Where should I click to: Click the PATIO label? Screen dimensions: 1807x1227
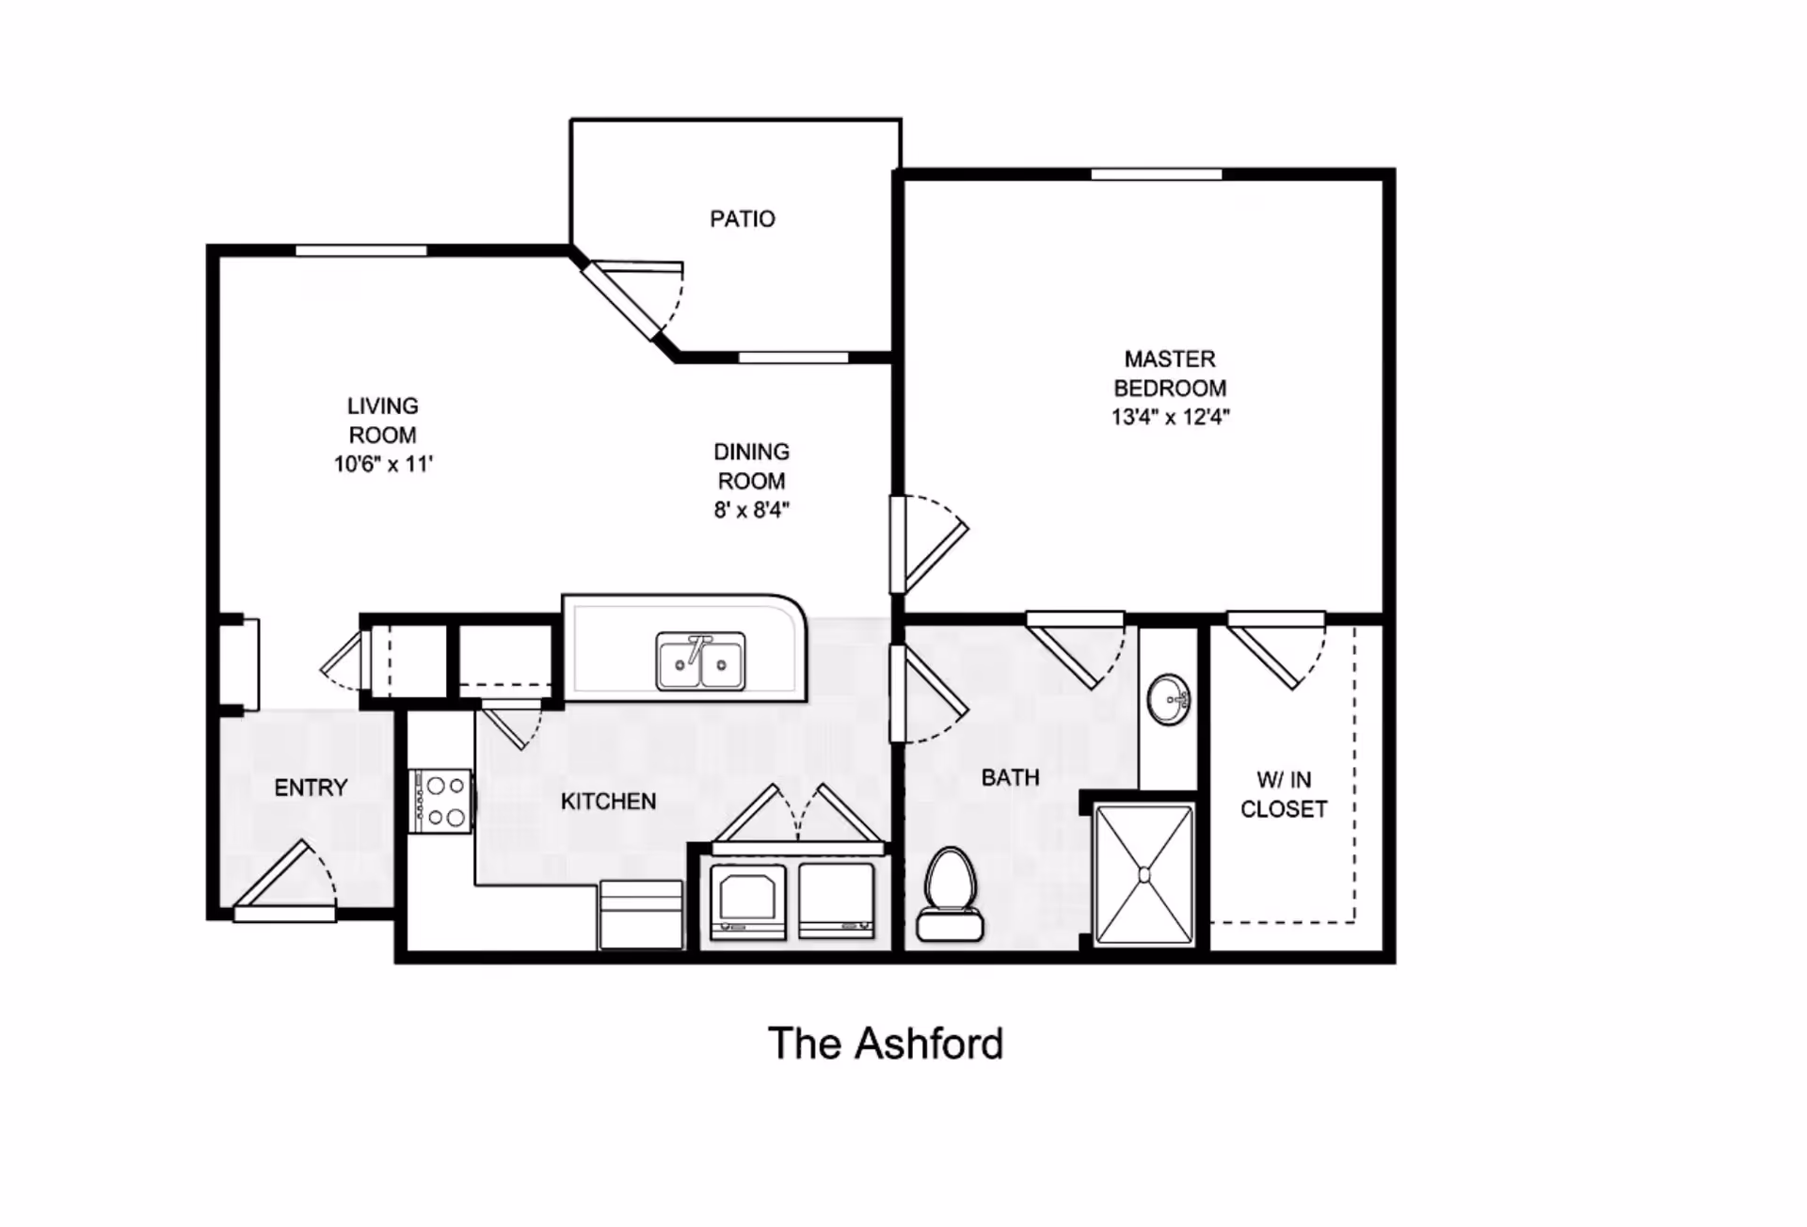743,219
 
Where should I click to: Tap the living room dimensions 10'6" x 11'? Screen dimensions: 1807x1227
383,464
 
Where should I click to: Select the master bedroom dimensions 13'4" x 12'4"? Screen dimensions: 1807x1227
1170,417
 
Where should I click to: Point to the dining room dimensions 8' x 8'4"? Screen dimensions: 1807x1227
751,510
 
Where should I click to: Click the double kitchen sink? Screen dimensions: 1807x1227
701,661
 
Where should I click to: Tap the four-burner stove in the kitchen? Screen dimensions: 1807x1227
440,801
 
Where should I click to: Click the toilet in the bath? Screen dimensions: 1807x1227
951,894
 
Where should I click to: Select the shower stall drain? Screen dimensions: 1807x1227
1144,875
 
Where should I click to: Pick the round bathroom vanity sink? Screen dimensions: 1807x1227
1169,699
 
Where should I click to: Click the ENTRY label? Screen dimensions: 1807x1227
311,788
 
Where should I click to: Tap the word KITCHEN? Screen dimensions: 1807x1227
608,802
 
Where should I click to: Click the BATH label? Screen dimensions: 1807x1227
1010,777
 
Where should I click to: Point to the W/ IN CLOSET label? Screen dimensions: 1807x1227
1284,794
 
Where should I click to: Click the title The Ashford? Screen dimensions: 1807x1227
886,1044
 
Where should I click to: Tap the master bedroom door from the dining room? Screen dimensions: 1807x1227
930,544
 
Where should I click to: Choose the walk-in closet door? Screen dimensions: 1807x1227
1277,650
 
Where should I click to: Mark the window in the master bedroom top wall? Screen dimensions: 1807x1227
1157,174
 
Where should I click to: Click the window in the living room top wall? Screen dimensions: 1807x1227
361,250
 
